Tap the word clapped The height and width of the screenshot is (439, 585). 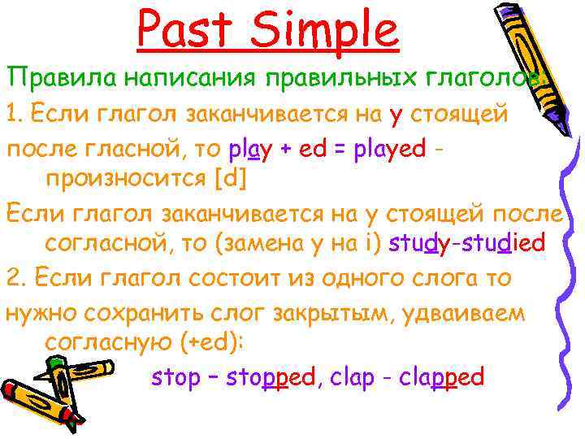coord(442,377)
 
